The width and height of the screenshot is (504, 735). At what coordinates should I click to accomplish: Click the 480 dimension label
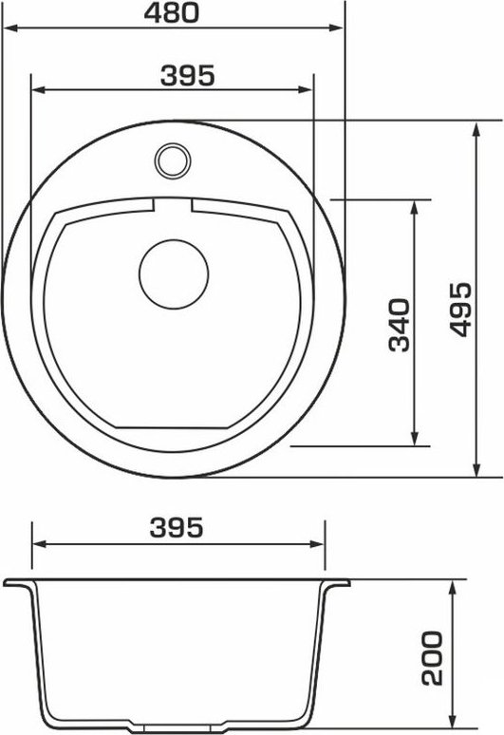[x=172, y=12]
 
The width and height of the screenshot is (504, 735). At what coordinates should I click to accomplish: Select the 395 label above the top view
[x=187, y=75]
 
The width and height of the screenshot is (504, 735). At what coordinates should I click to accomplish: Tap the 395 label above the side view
[x=177, y=527]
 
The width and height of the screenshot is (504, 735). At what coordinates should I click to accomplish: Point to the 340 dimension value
[x=399, y=325]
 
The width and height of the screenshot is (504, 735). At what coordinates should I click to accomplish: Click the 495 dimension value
[x=459, y=309]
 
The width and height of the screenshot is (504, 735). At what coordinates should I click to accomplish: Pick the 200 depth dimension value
[x=432, y=658]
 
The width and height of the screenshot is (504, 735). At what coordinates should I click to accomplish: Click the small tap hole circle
[x=173, y=160]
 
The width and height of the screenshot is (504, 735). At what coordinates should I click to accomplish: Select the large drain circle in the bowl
[x=174, y=274]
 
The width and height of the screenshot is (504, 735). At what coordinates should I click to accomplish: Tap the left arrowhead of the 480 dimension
[x=10, y=28]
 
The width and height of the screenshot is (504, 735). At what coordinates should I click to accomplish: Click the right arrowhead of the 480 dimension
[x=336, y=28]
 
